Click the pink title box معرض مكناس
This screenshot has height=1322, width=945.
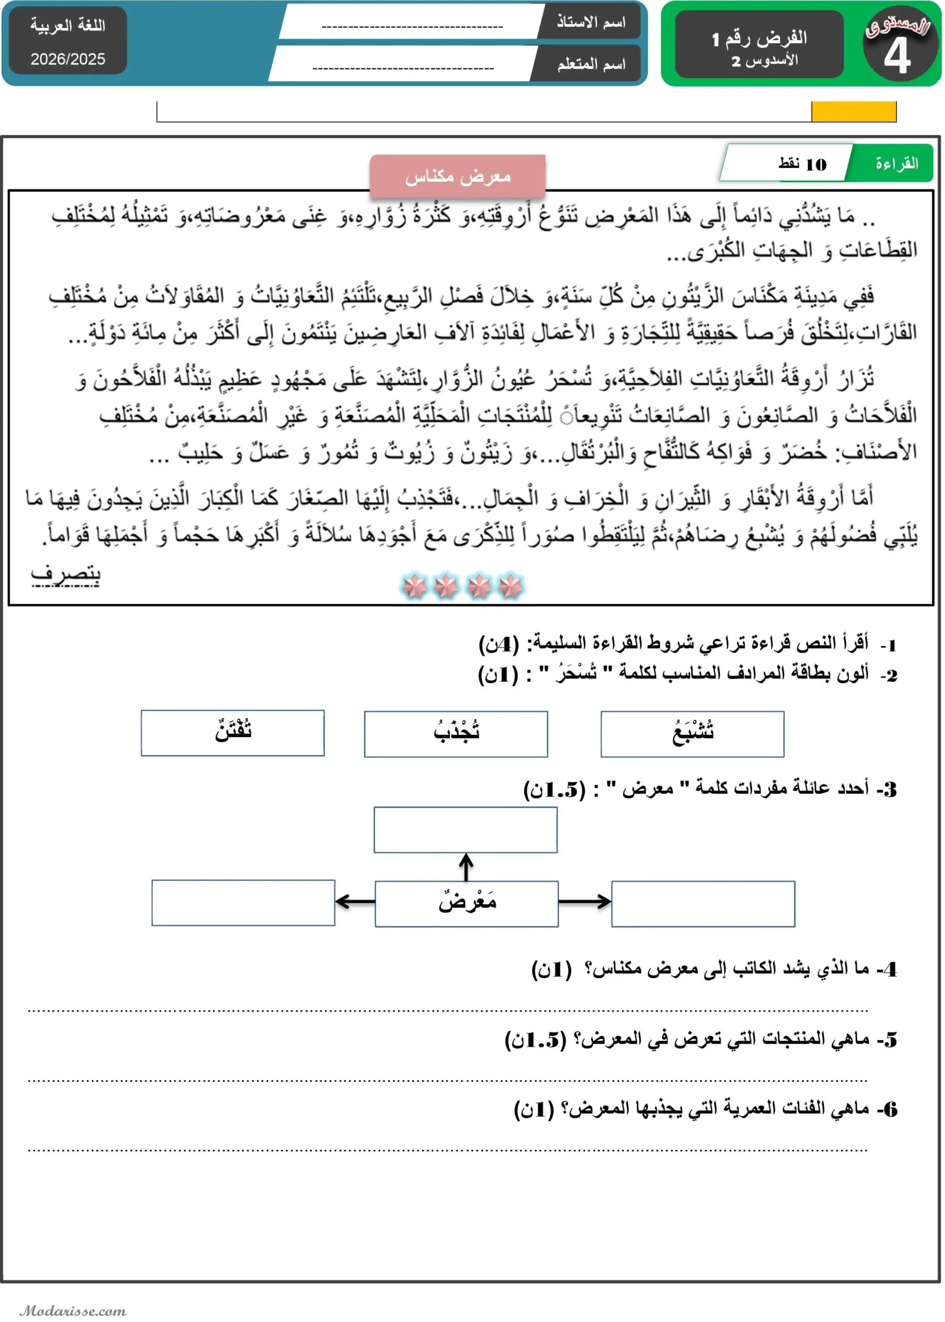(457, 176)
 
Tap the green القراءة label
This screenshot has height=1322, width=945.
(896, 164)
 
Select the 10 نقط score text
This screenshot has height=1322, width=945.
(803, 164)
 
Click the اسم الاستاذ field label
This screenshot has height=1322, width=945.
(590, 22)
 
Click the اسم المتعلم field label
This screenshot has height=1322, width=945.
(590, 64)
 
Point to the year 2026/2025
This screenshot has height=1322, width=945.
(68, 59)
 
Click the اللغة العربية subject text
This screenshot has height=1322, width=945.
(68, 26)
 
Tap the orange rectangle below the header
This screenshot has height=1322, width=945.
(853, 111)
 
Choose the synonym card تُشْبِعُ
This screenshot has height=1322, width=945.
(692, 733)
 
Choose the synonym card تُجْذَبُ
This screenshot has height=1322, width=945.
(456, 733)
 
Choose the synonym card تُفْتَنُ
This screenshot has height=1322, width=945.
(232, 732)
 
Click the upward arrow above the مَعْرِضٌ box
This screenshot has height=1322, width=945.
(466, 867)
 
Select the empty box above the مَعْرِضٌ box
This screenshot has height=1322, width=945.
(465, 829)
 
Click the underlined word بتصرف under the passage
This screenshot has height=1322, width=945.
(65, 574)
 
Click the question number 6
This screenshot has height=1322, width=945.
(890, 1109)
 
